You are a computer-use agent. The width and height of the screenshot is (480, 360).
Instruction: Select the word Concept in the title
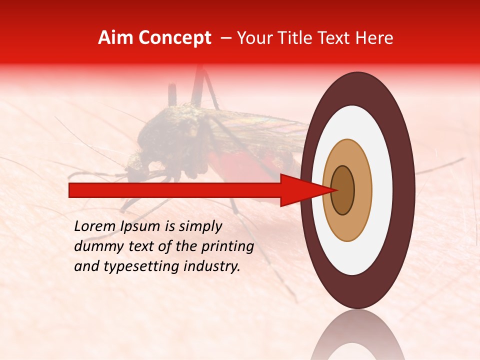point(174,38)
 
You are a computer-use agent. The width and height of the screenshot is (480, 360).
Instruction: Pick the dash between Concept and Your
point(225,38)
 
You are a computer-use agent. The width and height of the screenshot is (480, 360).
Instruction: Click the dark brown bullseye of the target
point(342,190)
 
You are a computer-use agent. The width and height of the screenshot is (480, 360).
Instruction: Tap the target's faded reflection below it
point(357,337)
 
